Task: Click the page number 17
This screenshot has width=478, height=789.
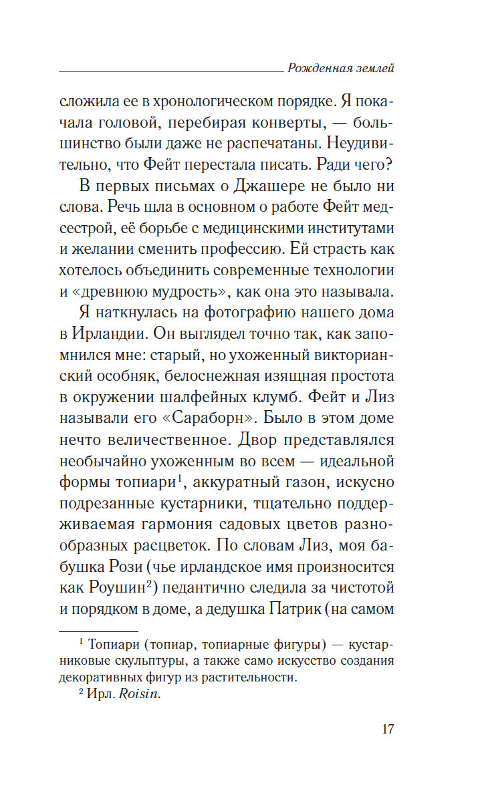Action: [x=387, y=728]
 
